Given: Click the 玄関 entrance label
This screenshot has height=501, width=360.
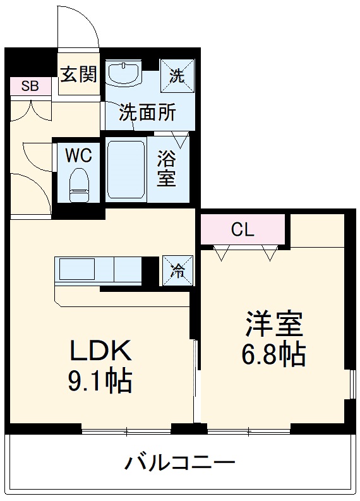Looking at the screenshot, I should (x=79, y=75).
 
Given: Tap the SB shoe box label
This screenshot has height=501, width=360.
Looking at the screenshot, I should (x=30, y=87).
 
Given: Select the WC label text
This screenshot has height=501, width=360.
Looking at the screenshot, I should (x=79, y=154).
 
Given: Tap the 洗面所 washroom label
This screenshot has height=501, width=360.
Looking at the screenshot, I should (x=148, y=113).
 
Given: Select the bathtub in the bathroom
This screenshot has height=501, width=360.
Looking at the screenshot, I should (x=126, y=169).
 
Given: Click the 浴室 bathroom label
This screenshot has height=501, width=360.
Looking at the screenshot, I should (x=166, y=167).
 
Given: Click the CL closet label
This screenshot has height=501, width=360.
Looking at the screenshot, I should (x=243, y=230).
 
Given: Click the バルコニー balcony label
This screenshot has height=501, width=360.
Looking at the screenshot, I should (x=179, y=463).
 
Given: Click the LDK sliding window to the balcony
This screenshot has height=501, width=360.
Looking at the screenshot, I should (x=126, y=433).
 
